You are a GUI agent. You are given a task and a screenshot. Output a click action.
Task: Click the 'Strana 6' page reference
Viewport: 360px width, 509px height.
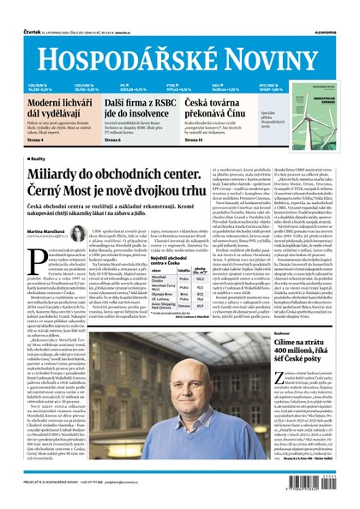click(111, 140)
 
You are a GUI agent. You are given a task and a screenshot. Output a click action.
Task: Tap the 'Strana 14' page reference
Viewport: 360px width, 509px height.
click(196, 140)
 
